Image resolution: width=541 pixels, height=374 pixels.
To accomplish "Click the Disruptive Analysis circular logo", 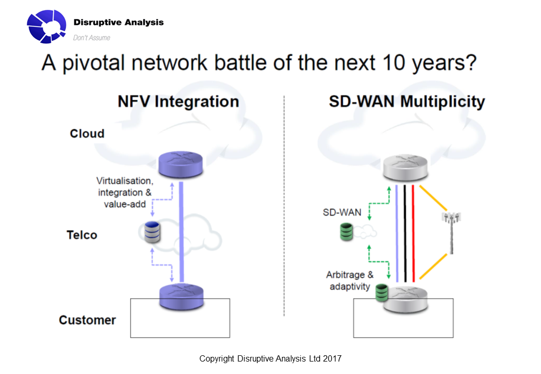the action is click(47, 26).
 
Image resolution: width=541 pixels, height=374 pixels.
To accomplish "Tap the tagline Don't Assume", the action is click(92, 37).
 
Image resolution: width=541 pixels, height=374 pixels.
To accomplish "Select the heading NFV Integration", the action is click(178, 102).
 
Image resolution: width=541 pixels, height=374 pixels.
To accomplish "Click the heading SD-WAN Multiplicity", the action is click(407, 102).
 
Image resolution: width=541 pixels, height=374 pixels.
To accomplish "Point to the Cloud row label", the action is click(87, 133).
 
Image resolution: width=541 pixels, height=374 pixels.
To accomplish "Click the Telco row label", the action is click(82, 235).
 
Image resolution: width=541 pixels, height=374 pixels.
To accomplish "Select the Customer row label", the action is click(87, 320).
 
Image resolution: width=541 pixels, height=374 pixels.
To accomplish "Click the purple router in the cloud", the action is click(181, 164).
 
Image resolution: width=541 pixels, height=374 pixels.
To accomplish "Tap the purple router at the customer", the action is click(181, 297).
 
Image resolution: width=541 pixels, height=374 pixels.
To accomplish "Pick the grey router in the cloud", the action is click(405, 168).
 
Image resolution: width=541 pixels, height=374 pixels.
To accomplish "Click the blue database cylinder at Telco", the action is click(152, 232).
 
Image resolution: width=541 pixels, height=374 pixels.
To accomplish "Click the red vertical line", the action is click(414, 234).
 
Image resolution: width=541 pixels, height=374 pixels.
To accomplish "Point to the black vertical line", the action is click(405, 234).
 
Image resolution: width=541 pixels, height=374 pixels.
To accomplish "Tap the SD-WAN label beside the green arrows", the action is click(342, 212).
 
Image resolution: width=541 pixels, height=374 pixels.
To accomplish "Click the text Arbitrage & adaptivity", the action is click(350, 280).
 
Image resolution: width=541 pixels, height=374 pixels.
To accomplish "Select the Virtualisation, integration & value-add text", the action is click(124, 192).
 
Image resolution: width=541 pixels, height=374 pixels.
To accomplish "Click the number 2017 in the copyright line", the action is click(332, 358).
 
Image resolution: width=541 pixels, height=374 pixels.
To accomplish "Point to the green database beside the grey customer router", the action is click(382, 293).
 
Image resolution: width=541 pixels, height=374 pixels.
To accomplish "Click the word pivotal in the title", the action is click(94, 63).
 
